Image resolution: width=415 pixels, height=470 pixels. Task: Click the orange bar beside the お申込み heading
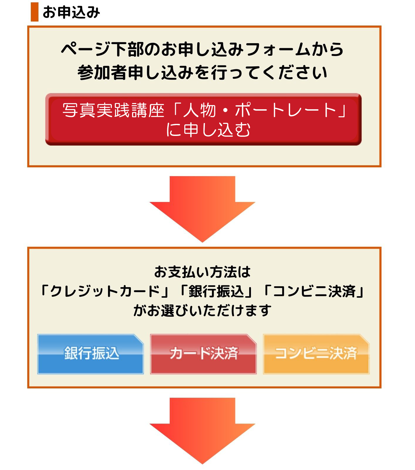coord(35,12)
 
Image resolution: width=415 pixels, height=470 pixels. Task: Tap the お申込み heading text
coord(71,13)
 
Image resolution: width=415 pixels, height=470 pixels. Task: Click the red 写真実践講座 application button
coord(203,119)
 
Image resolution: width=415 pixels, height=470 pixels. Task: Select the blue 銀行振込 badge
coord(91,354)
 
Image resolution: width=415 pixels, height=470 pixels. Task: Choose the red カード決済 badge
coord(203,354)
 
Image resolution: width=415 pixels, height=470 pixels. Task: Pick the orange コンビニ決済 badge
coord(316,354)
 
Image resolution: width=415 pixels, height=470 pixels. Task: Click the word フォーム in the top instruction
coord(278,49)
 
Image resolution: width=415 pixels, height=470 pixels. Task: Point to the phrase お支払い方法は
coord(202,272)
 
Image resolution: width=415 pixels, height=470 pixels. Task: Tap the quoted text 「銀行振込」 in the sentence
coord(216,291)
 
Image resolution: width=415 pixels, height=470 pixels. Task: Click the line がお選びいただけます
coord(202,310)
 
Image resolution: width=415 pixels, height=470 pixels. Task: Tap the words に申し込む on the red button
coord(208,129)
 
